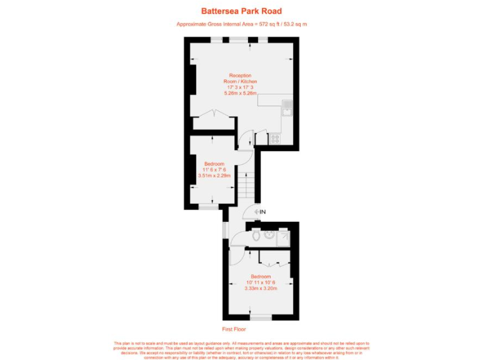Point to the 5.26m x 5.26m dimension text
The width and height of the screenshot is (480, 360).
coord(240,92)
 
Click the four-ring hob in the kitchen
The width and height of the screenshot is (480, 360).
coord(274,138)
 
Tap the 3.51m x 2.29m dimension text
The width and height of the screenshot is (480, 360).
coord(214,176)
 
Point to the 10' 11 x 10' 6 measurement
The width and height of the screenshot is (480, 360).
coord(261,282)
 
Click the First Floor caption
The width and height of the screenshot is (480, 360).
coord(234,329)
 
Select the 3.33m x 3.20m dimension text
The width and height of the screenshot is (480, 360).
coord(261,288)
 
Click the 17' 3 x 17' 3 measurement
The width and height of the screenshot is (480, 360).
coord(240,87)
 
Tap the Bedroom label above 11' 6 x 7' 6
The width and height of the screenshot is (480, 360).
coord(214,164)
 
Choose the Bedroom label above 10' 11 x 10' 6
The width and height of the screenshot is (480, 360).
coord(261,276)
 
